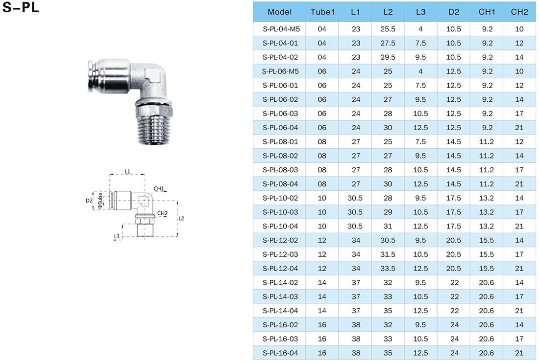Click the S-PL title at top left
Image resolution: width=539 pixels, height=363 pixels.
(21, 7)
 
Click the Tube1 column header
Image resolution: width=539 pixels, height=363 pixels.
(322, 12)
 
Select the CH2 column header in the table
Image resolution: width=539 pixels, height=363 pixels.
(519, 12)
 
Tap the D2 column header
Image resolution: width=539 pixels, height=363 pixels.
(453, 12)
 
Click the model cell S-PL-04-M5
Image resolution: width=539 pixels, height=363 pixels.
(281, 29)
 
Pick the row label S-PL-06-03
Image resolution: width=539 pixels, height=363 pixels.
(280, 113)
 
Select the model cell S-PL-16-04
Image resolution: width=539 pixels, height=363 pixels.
(280, 353)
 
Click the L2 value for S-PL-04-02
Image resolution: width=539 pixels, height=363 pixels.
(388, 57)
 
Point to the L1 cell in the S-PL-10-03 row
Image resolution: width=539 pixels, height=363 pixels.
(355, 212)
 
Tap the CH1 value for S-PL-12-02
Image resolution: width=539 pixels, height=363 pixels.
(487, 240)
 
